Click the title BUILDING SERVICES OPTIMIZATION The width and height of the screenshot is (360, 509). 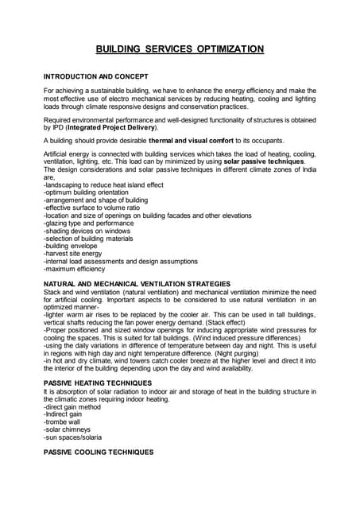pyautogui.click(x=180, y=49)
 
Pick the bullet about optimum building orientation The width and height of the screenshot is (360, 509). pyautogui.click(x=83, y=193)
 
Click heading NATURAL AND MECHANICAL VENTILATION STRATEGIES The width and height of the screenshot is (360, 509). pyautogui.click(x=137, y=284)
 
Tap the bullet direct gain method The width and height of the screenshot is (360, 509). pyautogui.click(x=76, y=406)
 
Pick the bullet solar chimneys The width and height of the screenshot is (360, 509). pyautogui.click(x=71, y=429)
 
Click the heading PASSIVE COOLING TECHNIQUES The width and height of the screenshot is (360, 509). pyautogui.click(x=99, y=452)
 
